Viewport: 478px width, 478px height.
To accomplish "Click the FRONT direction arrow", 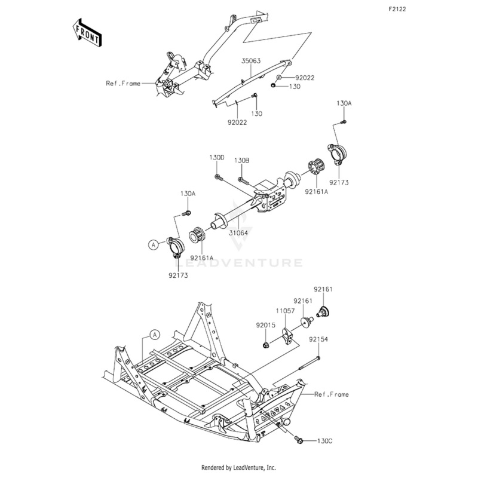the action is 87,33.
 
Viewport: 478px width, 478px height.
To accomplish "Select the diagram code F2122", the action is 397,9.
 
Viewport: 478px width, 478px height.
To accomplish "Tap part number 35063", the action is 251,61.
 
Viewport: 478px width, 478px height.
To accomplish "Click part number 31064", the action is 238,233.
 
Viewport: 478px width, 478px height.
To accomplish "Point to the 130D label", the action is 217,158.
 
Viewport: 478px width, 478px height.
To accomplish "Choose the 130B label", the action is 242,160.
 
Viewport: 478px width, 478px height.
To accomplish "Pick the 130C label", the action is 324,441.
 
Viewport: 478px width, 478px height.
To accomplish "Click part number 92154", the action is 318,339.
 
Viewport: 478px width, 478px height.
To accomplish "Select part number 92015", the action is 265,325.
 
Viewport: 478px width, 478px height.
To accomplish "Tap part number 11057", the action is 286,311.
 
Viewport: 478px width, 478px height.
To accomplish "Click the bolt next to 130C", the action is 298,440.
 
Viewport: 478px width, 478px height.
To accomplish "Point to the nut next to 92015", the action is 266,345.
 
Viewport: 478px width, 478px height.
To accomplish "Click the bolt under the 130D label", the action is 219,177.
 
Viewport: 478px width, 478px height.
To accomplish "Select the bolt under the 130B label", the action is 243,180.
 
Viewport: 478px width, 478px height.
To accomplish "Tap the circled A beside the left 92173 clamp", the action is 154,244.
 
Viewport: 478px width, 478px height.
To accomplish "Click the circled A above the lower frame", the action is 155,335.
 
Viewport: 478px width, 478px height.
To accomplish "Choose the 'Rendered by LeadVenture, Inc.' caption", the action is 238,468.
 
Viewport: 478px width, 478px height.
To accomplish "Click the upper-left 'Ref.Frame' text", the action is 123,83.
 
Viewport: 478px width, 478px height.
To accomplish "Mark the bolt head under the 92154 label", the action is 318,358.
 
